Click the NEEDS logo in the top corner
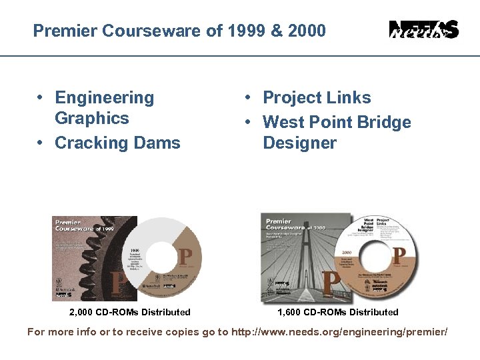pos(423,30)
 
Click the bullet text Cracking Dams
pos(117,143)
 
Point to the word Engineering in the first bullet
pos(104,98)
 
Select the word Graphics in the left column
pos(91,119)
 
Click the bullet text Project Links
pos(317,98)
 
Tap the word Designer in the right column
pos(299,143)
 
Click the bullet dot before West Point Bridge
pos(247,122)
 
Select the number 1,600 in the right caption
pos(291,312)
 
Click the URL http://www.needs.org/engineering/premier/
pos(339,332)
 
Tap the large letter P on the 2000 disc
pos(399,255)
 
